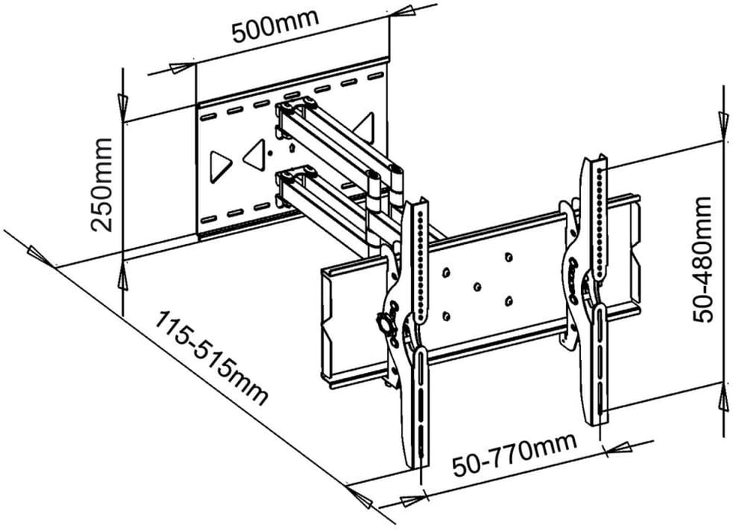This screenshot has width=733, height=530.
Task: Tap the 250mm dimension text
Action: (102, 183)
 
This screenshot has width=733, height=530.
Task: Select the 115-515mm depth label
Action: (211, 358)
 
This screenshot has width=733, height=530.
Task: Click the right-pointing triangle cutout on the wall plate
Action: (221, 162)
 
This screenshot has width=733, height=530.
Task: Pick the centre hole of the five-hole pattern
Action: (476, 287)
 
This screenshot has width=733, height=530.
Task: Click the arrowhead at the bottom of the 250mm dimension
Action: (123, 275)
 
